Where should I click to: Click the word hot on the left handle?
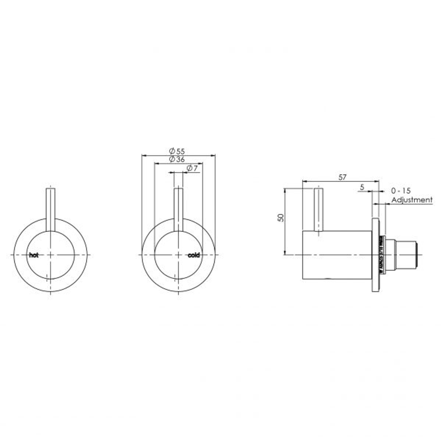[x=33, y=255]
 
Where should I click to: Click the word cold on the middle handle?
[x=194, y=255]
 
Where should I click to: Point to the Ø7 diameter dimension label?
[x=192, y=168]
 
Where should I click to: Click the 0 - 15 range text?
[x=401, y=191]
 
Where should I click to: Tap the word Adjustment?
[x=412, y=200]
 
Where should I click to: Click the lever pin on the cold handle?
[x=179, y=209]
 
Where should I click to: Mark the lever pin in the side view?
[x=318, y=209]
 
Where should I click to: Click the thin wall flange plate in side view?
[x=375, y=255]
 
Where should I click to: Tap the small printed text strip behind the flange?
[x=382, y=255]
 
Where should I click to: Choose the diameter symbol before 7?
[x=189, y=168]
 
